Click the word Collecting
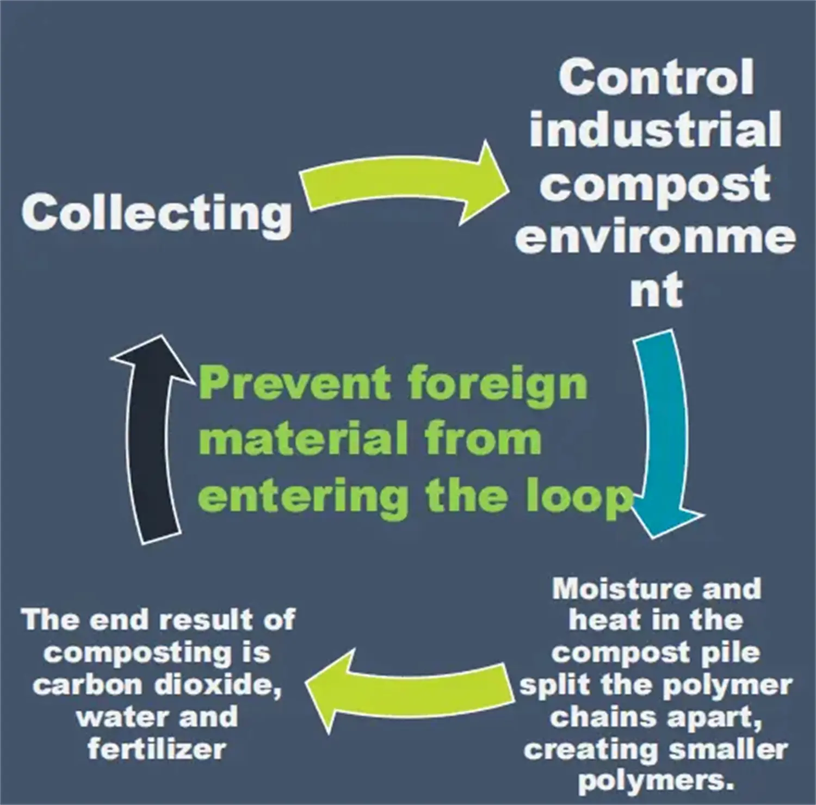157,213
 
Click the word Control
656,77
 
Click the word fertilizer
157,749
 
